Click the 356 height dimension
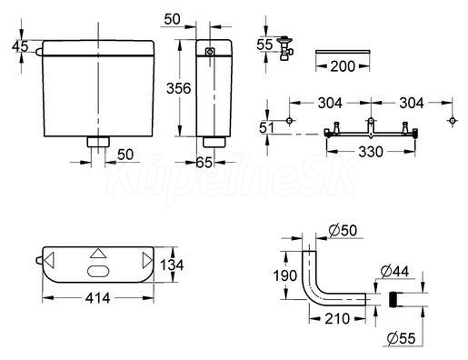(x=179, y=88)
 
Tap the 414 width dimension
(x=97, y=298)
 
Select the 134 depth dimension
(x=172, y=265)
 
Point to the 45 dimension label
(x=20, y=46)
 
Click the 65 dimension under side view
(x=204, y=163)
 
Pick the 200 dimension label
(x=343, y=66)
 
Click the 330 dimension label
(x=371, y=152)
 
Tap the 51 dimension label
(x=266, y=127)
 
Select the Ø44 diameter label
(x=394, y=271)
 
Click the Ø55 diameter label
(x=401, y=338)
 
